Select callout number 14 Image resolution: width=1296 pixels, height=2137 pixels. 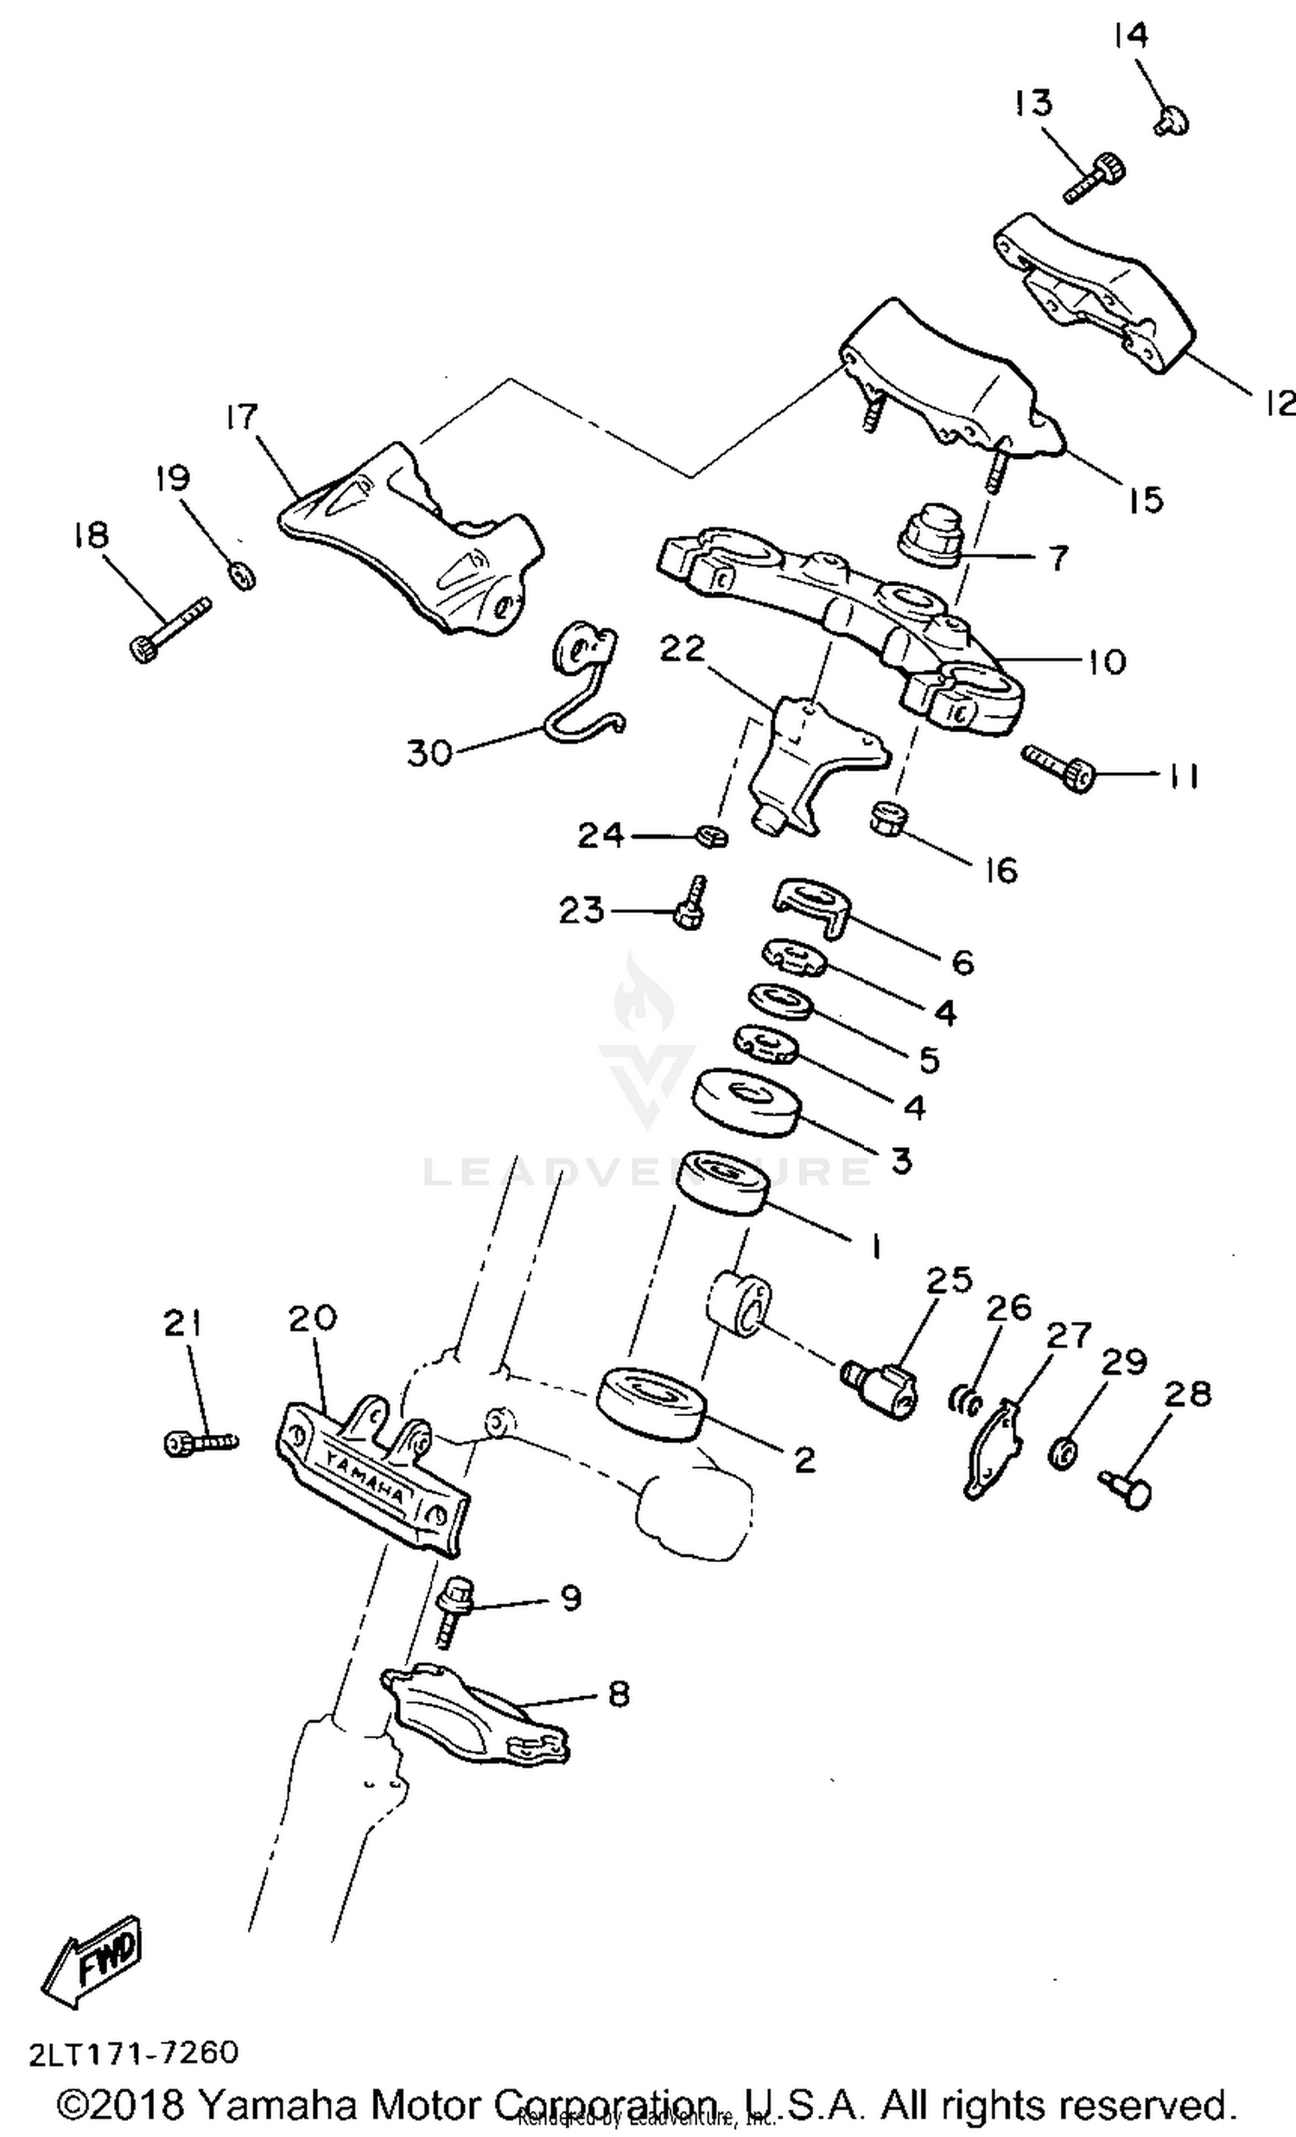tap(1130, 35)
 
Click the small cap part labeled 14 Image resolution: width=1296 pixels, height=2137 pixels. tap(1172, 119)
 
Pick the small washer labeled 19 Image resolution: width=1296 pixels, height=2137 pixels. tap(243, 574)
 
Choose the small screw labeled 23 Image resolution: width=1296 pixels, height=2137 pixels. tap(692, 906)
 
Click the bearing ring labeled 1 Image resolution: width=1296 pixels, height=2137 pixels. tap(723, 1182)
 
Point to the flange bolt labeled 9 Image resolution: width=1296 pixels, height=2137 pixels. tap(453, 1611)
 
